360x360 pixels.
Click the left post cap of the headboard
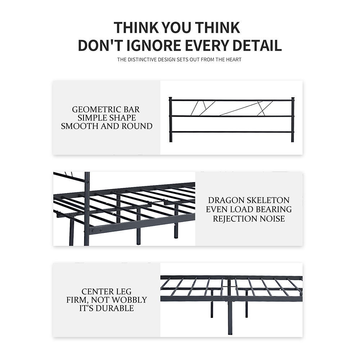pos(170,99)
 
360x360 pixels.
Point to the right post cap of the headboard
pos(293,99)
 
